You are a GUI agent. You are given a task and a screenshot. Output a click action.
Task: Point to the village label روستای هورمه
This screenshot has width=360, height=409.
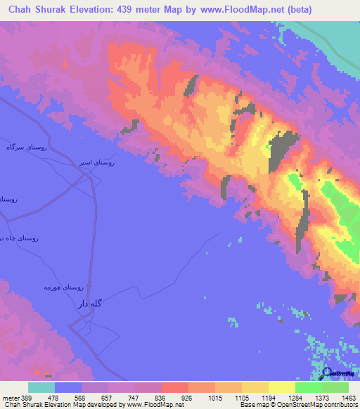tap(63, 287)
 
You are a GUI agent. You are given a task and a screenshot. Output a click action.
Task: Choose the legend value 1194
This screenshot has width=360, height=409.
tap(267, 398)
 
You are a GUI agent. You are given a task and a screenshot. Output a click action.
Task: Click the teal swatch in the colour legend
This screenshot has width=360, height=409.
tap(41, 387)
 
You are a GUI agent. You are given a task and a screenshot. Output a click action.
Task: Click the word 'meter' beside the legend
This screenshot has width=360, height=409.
tap(10, 398)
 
